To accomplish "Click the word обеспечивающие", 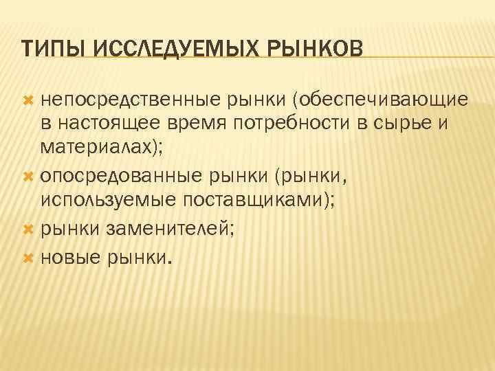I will click(x=382, y=101).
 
